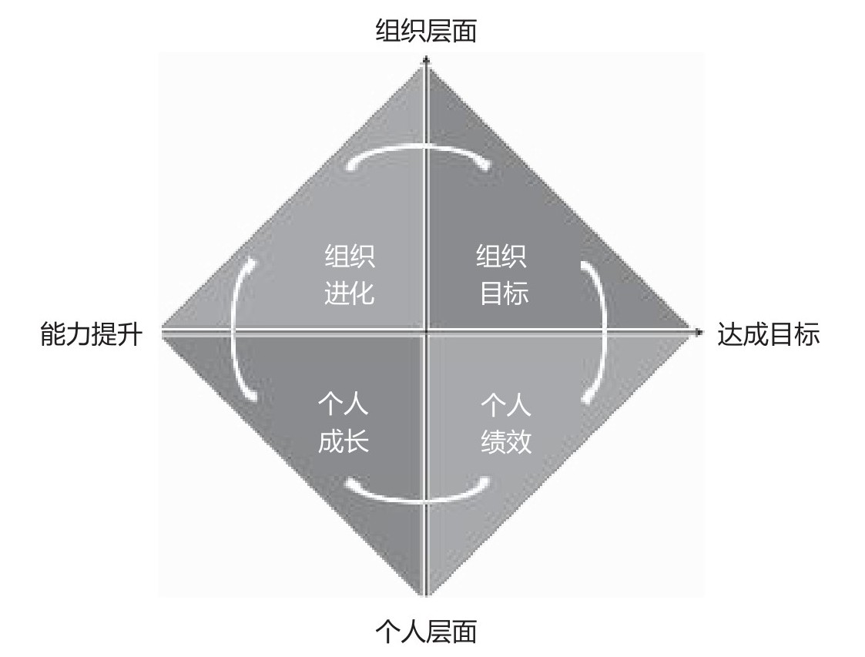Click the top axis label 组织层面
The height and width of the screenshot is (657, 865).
click(426, 32)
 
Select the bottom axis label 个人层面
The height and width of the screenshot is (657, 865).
click(426, 631)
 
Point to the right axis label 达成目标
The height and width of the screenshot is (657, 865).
click(768, 335)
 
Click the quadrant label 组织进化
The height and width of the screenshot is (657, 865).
click(350, 275)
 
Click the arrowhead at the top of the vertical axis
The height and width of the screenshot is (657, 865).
click(426, 59)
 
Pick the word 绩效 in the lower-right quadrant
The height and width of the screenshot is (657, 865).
click(506, 441)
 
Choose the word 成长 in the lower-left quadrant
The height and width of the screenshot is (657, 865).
click(344, 441)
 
